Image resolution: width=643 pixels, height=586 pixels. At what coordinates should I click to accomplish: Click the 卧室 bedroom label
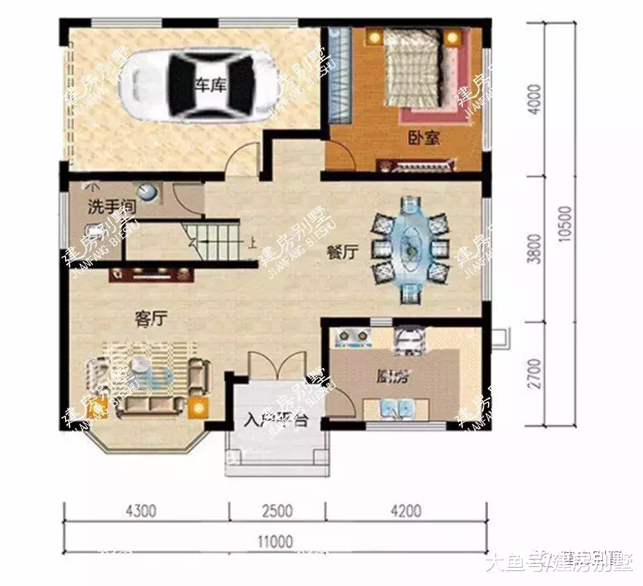(x=424, y=139)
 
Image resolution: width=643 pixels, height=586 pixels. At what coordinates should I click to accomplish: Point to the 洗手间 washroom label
(x=110, y=208)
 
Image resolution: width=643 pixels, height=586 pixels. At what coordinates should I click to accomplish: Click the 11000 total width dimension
(x=275, y=541)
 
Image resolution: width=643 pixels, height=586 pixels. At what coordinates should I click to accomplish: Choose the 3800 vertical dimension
(x=535, y=249)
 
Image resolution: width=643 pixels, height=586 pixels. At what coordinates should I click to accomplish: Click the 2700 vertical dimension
(x=535, y=374)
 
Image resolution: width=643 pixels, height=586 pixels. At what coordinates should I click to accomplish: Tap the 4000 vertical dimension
(x=535, y=100)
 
